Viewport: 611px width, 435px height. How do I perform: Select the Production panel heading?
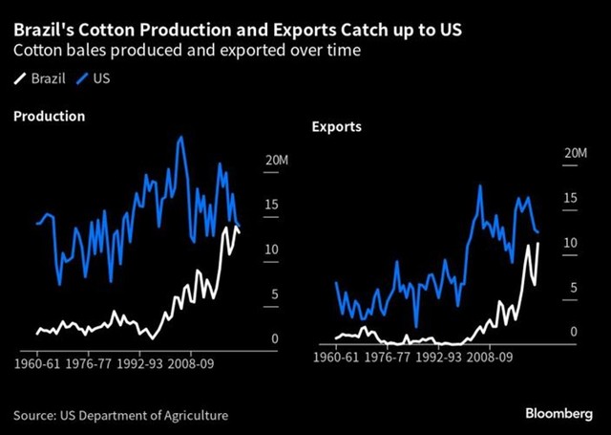tap(49, 116)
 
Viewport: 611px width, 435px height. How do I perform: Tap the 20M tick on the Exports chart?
tap(576, 154)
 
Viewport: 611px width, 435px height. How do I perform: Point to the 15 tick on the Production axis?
tap(271, 205)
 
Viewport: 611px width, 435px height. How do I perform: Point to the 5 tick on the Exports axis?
tap(573, 288)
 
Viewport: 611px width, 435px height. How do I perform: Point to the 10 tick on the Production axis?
tap(271, 250)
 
